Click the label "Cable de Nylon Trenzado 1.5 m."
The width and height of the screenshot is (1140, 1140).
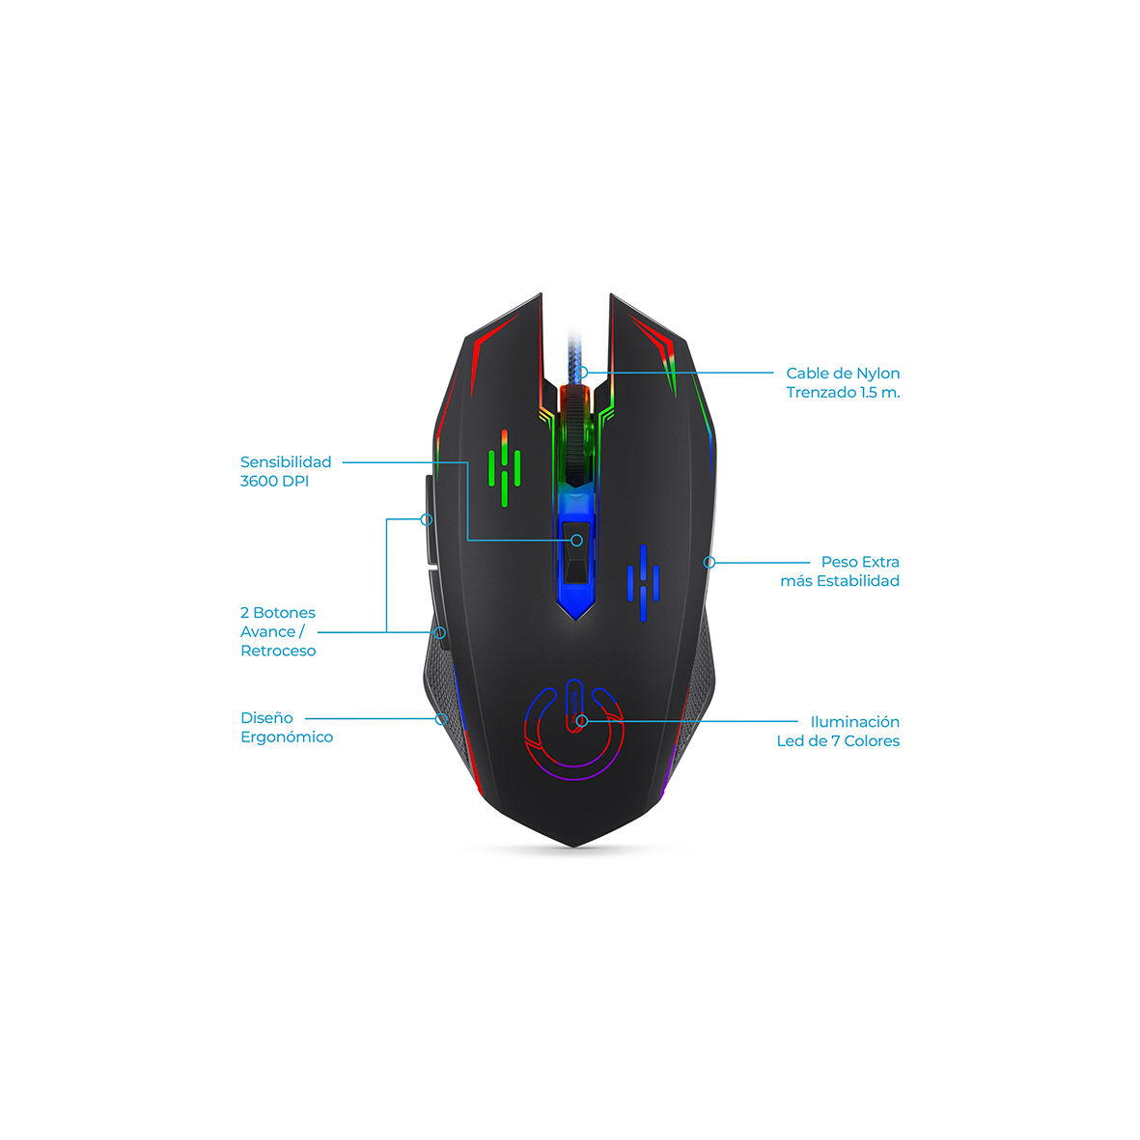[843, 382]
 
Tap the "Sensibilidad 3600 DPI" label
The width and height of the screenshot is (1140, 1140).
[286, 471]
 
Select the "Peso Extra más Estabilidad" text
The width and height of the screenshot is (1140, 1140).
[840, 570]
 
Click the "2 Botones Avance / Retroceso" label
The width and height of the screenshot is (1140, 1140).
[278, 631]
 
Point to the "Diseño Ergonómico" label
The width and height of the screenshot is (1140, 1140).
[287, 727]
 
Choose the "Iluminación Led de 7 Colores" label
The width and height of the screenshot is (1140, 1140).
[838, 731]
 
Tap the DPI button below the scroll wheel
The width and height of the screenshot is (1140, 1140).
[576, 552]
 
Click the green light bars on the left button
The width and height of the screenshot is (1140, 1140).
[504, 468]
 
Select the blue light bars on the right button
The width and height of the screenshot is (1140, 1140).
[644, 583]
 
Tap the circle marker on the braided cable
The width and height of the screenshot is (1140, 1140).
[582, 373]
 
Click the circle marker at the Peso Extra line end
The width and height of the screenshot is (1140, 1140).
[709, 562]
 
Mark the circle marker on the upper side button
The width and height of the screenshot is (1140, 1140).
[427, 519]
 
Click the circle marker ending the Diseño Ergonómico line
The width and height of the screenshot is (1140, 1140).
[441, 719]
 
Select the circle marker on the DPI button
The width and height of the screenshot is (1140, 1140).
[576, 541]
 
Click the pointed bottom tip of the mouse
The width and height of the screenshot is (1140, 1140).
[574, 847]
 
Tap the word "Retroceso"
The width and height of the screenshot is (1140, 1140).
[278, 651]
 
